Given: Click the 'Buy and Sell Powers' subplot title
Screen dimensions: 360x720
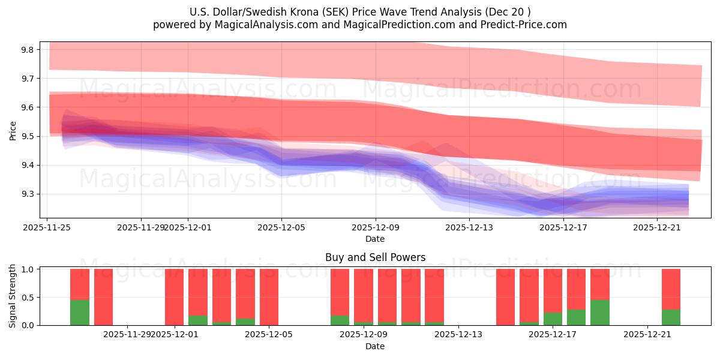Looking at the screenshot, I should point(375,257).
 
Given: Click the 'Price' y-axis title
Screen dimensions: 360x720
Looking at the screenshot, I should point(13,130).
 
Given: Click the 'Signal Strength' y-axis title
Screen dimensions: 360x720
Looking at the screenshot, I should point(13,296).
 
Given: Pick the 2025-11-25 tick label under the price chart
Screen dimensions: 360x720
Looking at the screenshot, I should point(47,227).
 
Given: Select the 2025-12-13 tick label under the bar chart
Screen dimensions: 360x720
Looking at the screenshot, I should point(458,334).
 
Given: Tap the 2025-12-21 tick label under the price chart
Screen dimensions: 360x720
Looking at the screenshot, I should point(657,227).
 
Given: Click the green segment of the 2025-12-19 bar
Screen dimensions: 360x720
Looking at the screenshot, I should point(599,313).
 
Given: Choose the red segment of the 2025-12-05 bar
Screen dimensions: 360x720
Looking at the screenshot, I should point(269,296).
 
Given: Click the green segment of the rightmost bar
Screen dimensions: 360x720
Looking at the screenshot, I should point(671,317).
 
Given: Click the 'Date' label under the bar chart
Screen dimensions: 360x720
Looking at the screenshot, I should point(375,346).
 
